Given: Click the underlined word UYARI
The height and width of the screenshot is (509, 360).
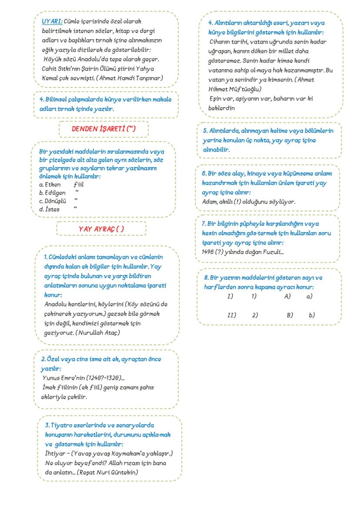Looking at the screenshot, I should (52, 21).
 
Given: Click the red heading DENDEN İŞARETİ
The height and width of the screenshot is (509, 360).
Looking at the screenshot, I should (103, 129).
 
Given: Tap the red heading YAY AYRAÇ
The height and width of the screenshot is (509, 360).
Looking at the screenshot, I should (101, 229).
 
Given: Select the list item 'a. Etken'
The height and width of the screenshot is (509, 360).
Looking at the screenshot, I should (50, 185).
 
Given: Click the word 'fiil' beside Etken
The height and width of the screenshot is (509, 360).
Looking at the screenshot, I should (79, 185).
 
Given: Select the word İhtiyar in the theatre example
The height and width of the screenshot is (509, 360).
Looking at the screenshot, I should (56, 453).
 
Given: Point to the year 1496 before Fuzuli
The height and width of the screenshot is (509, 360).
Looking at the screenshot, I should (208, 252).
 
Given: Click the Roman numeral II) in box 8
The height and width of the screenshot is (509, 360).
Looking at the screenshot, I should (231, 315).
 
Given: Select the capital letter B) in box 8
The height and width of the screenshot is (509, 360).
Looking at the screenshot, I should (290, 315).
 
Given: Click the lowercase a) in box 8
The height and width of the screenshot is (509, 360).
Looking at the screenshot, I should (309, 296).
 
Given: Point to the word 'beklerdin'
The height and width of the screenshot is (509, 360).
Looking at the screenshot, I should (221, 108).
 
